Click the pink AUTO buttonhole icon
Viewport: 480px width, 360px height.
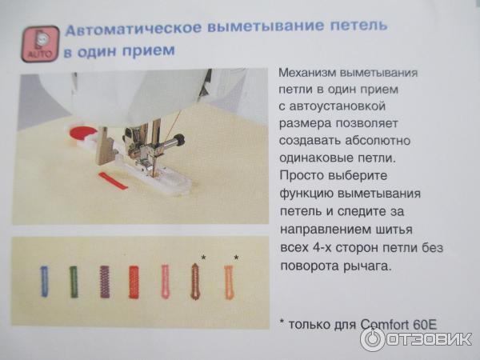point(40,44)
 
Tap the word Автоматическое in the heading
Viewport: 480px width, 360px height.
point(134,29)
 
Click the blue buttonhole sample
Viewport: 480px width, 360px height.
point(44,282)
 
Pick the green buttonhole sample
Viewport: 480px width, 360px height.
point(74,282)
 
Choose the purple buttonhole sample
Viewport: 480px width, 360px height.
point(105,282)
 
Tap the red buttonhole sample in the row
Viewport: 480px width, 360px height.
point(134,282)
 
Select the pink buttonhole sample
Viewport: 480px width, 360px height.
point(166,282)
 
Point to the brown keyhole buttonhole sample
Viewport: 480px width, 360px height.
point(195,282)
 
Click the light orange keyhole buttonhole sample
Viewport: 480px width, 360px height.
point(229,282)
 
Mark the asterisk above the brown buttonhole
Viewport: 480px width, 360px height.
point(203,258)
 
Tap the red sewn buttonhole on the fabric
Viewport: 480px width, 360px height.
point(113,181)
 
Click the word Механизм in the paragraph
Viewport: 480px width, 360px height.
point(307,73)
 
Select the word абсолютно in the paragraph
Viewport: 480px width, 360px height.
point(378,140)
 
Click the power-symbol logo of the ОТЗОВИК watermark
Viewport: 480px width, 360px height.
point(373,339)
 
